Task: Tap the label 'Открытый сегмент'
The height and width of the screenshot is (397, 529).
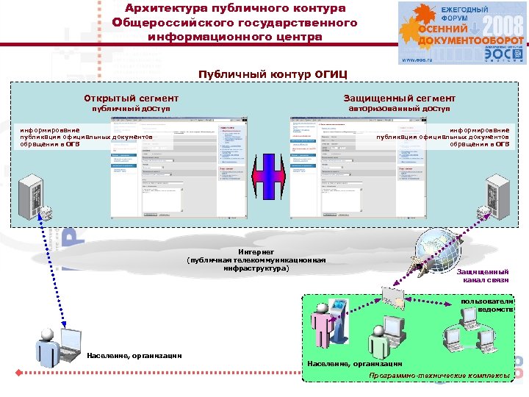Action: (x=131, y=98)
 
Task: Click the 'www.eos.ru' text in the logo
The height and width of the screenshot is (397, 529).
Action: (x=415, y=60)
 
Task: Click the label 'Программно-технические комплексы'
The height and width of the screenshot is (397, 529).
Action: (x=439, y=376)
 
